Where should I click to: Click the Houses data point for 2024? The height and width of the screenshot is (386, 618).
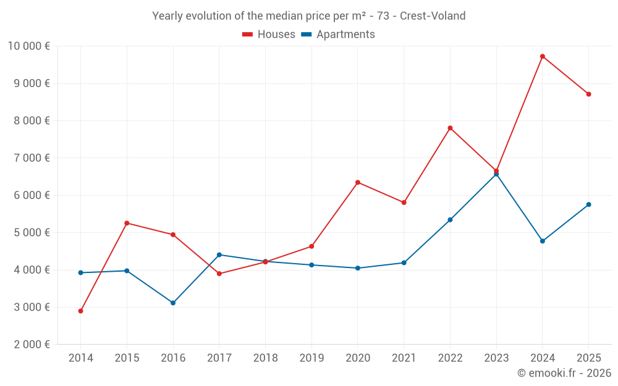pyautogui.click(x=543, y=56)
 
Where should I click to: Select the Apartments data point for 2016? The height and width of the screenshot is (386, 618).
pyautogui.click(x=173, y=303)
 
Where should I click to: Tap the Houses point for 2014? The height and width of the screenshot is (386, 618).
pyautogui.click(x=80, y=311)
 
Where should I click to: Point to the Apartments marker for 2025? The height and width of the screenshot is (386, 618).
pyautogui.click(x=588, y=204)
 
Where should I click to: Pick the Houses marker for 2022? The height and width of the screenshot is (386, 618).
pyautogui.click(x=450, y=128)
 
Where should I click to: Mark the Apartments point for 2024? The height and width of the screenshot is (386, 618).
pyautogui.click(x=543, y=241)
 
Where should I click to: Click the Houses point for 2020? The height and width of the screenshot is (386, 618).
pyautogui.click(x=358, y=182)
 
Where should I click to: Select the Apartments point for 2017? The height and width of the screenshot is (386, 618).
pyautogui.click(x=219, y=254)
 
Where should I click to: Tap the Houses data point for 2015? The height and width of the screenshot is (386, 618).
pyautogui.click(x=127, y=223)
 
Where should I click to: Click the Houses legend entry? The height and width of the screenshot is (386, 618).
pyautogui.click(x=269, y=35)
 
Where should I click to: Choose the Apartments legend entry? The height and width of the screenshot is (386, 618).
pyautogui.click(x=338, y=35)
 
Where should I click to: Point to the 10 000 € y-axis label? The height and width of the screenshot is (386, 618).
pyautogui.click(x=29, y=46)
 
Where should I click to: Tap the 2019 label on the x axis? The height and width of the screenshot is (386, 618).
pyautogui.click(x=311, y=358)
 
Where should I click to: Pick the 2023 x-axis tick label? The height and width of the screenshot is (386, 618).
pyautogui.click(x=496, y=358)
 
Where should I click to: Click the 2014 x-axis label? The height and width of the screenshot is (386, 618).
pyautogui.click(x=80, y=358)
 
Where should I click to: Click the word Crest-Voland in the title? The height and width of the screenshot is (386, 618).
pyautogui.click(x=433, y=16)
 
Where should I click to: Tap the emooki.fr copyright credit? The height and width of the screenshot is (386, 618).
pyautogui.click(x=564, y=373)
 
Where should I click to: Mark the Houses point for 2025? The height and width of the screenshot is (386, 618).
pyautogui.click(x=588, y=94)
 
